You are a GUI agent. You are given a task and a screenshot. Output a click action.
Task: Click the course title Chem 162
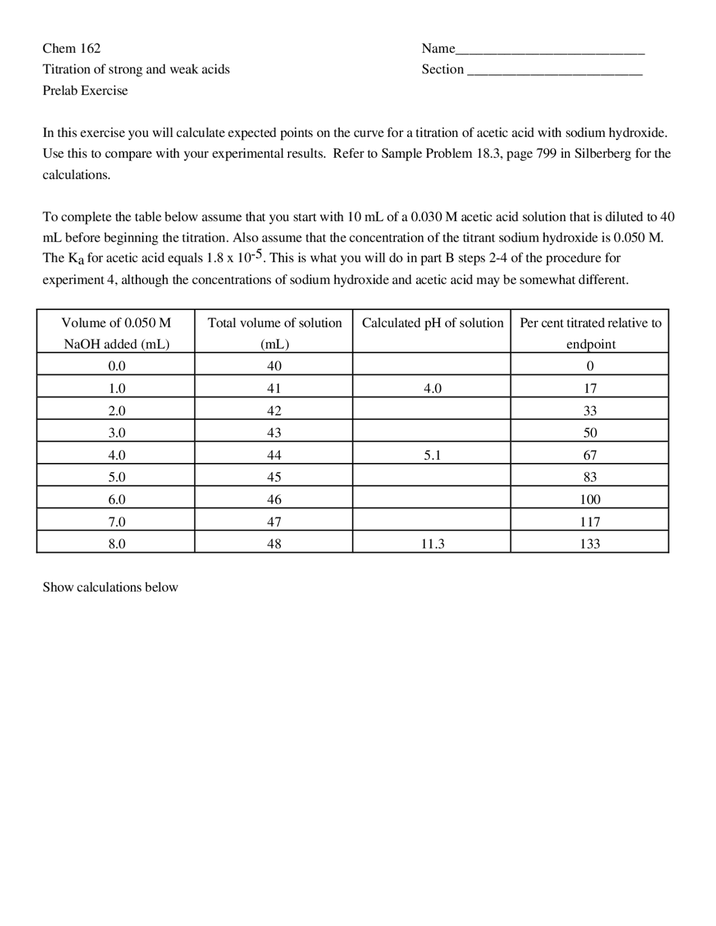[x=72, y=49]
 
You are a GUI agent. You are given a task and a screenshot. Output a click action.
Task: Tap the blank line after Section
[x=554, y=72]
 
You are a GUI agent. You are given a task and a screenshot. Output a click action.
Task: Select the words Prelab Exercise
[x=85, y=91]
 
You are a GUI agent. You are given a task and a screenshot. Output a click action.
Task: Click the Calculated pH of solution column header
[x=432, y=323]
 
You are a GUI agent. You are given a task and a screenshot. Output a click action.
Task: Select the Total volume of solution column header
[x=274, y=333]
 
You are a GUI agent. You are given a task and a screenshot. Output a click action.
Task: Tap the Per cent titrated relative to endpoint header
[x=590, y=333]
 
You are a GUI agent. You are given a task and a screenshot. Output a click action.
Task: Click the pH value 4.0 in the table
[x=432, y=388]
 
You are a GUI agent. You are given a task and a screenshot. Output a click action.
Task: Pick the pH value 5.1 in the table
[x=432, y=455]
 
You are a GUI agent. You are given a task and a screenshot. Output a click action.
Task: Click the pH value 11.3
[x=432, y=544]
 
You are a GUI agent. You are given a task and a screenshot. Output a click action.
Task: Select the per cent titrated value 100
[x=590, y=499]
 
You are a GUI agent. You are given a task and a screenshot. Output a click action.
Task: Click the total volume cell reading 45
[x=274, y=477]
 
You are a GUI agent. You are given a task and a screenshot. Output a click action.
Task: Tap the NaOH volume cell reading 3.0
[x=116, y=433]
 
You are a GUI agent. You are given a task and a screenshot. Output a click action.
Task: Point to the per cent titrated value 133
[x=590, y=544]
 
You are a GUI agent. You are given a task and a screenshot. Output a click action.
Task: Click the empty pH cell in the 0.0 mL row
[x=432, y=366]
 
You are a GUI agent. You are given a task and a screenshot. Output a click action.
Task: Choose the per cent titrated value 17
[x=590, y=388]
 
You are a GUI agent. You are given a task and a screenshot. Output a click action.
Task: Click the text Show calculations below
[x=110, y=587]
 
